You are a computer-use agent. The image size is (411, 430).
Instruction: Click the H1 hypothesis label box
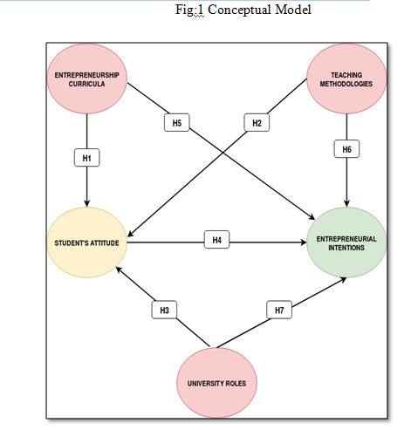pos(87,158)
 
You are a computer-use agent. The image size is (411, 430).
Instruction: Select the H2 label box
pos(257,123)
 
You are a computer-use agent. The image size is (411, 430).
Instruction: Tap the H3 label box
pos(164,310)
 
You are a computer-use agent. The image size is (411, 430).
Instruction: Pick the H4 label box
pos(217,240)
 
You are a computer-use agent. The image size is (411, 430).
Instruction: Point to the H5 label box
pos(177,122)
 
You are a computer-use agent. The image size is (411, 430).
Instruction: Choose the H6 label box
pos(346,149)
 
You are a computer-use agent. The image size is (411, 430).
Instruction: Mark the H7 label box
pos(279,310)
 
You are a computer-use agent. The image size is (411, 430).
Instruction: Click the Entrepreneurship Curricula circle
pos(87,78)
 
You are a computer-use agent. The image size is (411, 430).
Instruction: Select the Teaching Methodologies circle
pos(346,78)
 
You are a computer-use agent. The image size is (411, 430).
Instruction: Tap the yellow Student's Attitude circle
pos(87,242)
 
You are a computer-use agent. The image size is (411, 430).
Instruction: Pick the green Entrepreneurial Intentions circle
pos(346,242)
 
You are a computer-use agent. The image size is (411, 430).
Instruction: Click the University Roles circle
pos(217,383)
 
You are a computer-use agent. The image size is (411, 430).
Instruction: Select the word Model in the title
pos(293,10)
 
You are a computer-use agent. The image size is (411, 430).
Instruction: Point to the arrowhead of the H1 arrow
pos(87,204)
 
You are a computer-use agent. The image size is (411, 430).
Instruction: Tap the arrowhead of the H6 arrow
pos(346,204)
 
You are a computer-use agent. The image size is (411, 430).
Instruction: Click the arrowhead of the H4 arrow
pos(303,242)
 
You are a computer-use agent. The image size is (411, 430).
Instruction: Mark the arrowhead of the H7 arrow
pos(343,280)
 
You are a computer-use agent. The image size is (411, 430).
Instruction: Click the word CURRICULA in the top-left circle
pos(86,84)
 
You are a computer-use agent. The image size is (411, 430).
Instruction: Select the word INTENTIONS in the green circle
pos(346,248)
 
